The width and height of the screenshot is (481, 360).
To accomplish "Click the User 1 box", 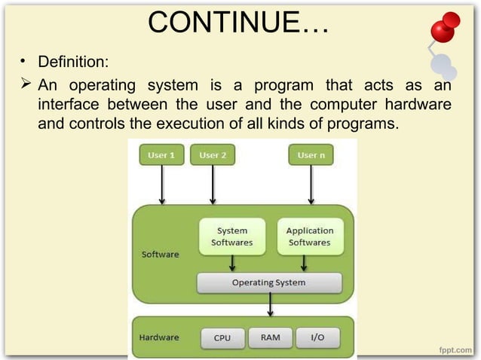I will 161,155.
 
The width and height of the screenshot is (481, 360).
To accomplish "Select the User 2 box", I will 213,155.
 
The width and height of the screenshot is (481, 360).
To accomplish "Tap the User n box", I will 311,155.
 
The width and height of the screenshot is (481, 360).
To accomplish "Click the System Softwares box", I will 232,236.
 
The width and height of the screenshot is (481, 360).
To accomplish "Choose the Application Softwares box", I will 310,236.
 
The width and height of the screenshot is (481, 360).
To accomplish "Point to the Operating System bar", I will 269,282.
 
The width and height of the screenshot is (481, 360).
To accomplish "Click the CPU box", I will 222,337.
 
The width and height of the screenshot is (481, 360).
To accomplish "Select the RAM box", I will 270,337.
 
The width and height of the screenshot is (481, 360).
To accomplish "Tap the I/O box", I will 317,337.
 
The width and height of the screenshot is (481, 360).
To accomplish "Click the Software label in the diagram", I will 161,255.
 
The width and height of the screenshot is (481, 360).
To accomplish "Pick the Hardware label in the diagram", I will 158,337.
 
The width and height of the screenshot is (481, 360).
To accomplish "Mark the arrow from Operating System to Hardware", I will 270,305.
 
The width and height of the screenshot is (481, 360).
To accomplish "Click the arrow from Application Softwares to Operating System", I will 304,263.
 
